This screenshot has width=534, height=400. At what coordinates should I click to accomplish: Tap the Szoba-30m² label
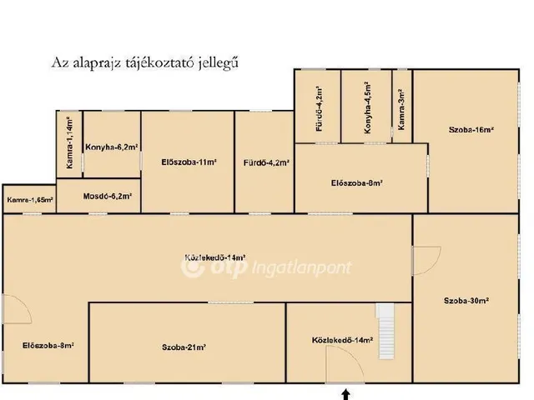point(466,301)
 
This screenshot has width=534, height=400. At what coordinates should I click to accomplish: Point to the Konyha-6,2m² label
point(112,147)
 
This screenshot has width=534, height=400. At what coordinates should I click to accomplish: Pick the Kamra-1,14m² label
point(70,144)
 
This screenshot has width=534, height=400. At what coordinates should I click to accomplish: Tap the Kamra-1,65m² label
point(30,200)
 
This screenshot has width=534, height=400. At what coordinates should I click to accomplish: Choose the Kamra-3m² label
point(402,111)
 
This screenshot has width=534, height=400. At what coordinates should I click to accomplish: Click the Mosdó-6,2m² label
point(108,197)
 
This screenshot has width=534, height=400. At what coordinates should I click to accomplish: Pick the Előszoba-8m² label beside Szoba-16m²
point(356,183)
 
